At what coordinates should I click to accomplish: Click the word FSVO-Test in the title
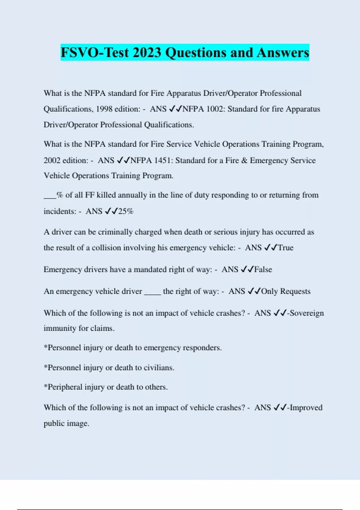pos(94,52)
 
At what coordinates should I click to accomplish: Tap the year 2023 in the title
pos(147,52)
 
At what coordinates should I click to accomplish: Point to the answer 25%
pos(126,211)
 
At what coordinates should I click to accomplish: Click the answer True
pos(286,248)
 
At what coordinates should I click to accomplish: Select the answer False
pos(263,269)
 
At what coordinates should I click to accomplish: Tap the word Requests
pos(295,291)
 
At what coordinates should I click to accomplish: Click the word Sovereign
pos(307,313)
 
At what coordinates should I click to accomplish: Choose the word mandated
pos(150,269)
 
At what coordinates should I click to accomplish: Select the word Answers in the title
pos(283,52)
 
